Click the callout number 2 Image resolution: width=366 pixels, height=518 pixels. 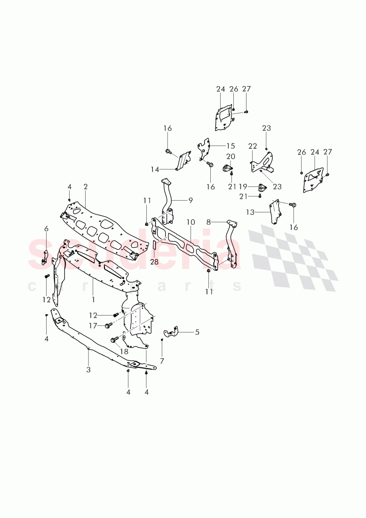tap(86, 187)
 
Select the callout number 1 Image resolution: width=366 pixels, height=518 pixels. tap(93, 299)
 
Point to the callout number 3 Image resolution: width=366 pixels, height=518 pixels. tap(88, 370)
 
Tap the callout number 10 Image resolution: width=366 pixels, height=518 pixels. tap(191, 222)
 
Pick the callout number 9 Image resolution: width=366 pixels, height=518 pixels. tap(191, 200)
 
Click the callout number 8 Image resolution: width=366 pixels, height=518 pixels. tap(208, 221)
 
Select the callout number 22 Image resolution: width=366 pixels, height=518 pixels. tap(253, 146)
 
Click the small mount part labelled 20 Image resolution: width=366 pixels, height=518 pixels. tap(229, 169)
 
